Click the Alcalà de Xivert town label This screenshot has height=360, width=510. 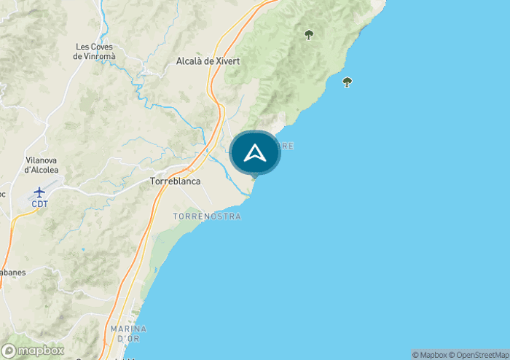pos(208,62)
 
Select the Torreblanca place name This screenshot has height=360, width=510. pos(175,181)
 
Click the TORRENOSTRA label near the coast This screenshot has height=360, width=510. pos(207,216)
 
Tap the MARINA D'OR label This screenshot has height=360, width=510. pos(129,334)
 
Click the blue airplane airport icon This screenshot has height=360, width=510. pos(39,192)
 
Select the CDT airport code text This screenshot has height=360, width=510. pos(39,204)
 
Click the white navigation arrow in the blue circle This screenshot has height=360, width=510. pos(255,153)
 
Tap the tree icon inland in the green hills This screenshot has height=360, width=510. pos(309,34)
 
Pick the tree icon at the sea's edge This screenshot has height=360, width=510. pos(347,82)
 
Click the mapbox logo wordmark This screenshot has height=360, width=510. pos(41,351)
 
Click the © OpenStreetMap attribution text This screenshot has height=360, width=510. pos(479,355)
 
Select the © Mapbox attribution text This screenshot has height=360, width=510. pos(431,355)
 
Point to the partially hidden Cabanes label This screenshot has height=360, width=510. pos(12,273)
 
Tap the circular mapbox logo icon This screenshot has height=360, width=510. pos(9,351)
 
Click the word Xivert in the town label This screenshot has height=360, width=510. pos(227,62)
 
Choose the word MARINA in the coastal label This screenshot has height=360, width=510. pos(129,329)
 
